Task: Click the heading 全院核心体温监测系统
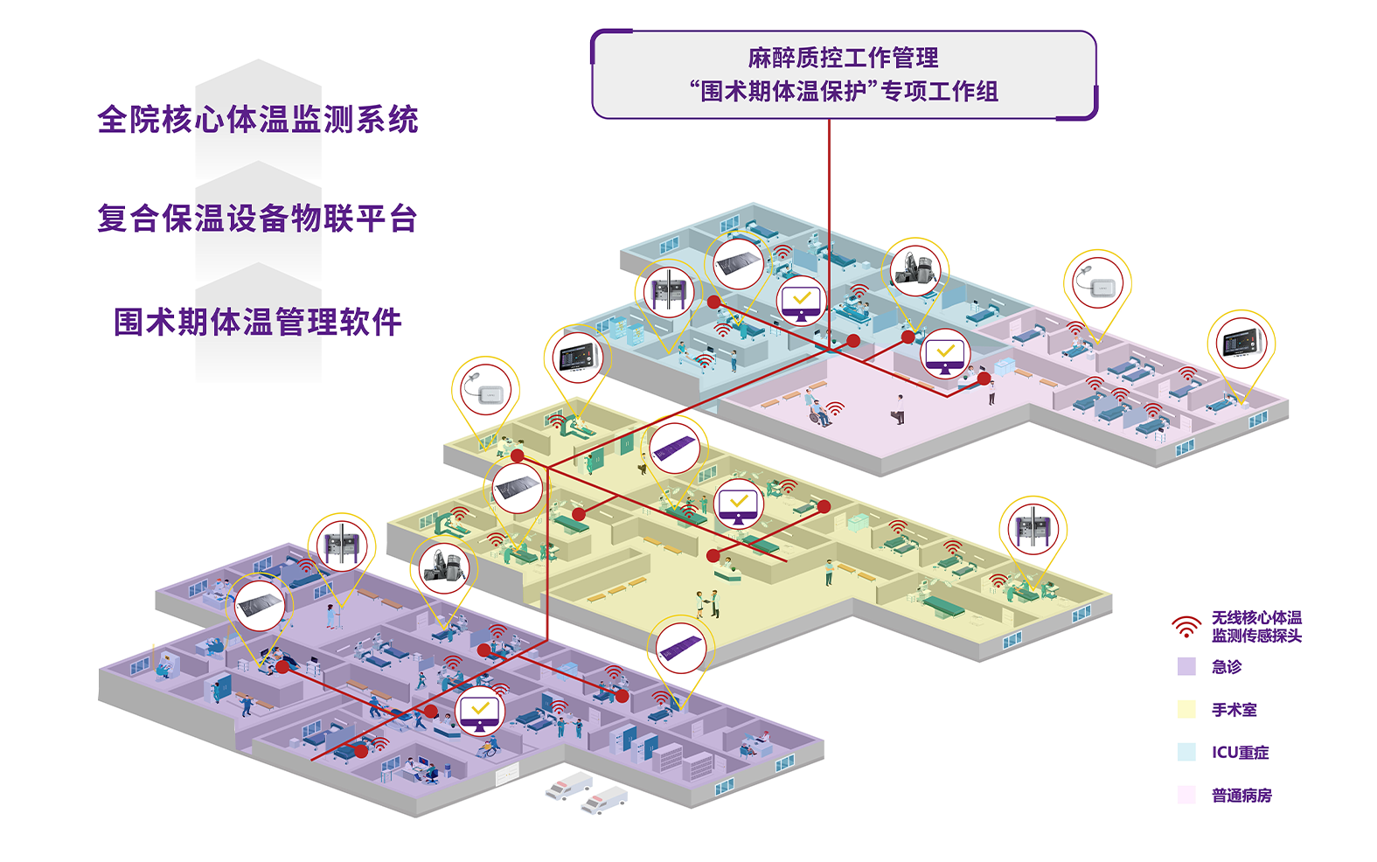(x=258, y=120)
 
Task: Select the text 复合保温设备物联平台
(x=258, y=219)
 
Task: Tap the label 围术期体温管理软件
(x=258, y=322)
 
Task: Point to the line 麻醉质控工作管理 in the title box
(x=844, y=58)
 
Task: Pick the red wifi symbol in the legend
(x=1186, y=627)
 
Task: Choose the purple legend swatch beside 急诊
(x=1186, y=667)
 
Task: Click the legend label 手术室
(x=1234, y=710)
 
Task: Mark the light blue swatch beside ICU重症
(x=1186, y=752)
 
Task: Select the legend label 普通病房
(x=1241, y=796)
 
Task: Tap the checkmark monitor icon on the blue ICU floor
(x=802, y=302)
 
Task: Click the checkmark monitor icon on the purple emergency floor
(x=480, y=710)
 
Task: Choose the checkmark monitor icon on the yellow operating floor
(x=739, y=504)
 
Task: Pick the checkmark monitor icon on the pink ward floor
(x=945, y=354)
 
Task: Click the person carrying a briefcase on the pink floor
(x=899, y=408)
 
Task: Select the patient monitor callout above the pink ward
(x=1241, y=342)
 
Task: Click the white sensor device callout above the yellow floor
(x=485, y=391)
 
